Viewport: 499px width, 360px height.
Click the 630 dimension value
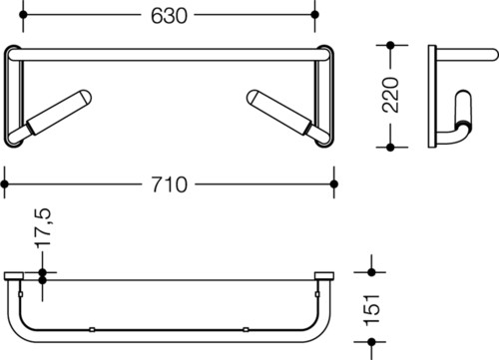coord(169,16)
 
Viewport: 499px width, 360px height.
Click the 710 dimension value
coord(170,184)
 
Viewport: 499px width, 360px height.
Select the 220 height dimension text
coord(390,95)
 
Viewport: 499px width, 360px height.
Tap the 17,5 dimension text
coord(43,227)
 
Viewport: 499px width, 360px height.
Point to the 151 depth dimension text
coord(371,310)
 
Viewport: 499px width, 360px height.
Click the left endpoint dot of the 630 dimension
coord(23,15)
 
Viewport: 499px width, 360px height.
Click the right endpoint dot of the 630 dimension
coord(314,15)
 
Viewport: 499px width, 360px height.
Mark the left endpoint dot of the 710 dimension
coord(4,183)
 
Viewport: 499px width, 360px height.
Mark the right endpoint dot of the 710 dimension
coord(334,183)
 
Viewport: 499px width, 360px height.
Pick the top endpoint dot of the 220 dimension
coord(390,45)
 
